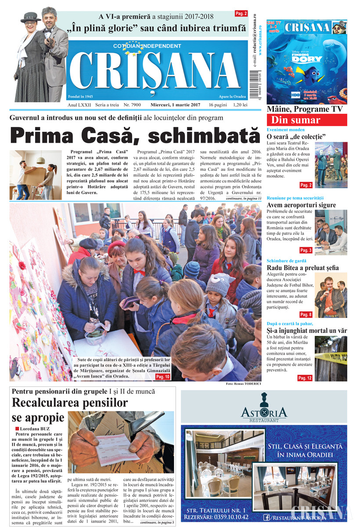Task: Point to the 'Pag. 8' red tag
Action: pos(306,314)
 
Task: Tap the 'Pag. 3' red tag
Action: pos(306,250)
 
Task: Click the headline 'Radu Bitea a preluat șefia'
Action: pos(302,268)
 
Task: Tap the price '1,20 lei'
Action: pos(240,105)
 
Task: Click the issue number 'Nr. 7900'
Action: pos(132,105)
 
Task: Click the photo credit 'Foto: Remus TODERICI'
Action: pos(244,384)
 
